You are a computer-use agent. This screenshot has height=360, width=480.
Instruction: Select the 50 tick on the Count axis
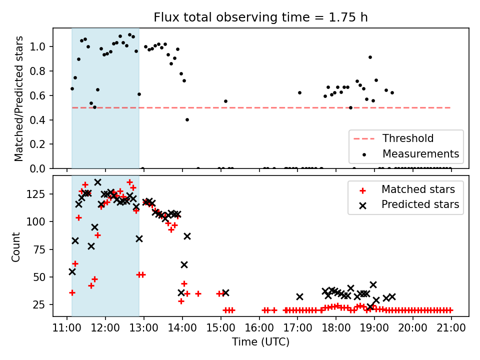pyautogui.click(x=41, y=277)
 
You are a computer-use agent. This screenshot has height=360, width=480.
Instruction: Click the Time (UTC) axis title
pyautogui.click(x=260, y=342)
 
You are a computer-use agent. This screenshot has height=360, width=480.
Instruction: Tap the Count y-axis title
pyautogui.click(x=16, y=246)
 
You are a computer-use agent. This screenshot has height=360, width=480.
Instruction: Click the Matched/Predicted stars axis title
pyautogui.click(x=19, y=98)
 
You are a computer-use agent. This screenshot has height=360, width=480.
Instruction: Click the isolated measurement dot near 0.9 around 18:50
pyautogui.click(x=370, y=57)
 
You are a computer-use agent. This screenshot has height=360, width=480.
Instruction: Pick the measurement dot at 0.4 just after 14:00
pyautogui.click(x=187, y=119)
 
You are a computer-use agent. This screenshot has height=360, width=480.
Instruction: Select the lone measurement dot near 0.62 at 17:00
pyautogui.click(x=299, y=92)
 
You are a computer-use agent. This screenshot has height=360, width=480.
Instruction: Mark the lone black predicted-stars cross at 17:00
pyautogui.click(x=299, y=296)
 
